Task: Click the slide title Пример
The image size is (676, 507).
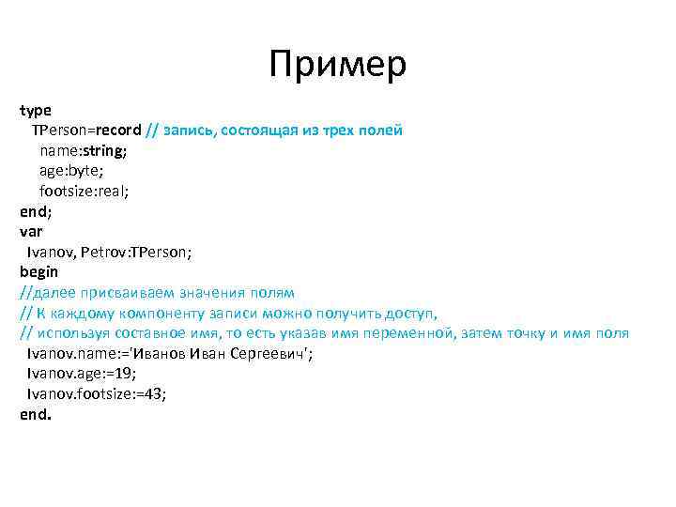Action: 337,64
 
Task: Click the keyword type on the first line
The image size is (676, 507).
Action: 36,111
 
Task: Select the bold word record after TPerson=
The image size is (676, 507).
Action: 118,130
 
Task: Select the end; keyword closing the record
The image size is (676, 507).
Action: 36,210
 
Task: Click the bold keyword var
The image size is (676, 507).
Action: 32,231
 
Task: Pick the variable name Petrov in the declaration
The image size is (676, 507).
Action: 102,252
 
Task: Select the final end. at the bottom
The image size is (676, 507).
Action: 36,414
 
